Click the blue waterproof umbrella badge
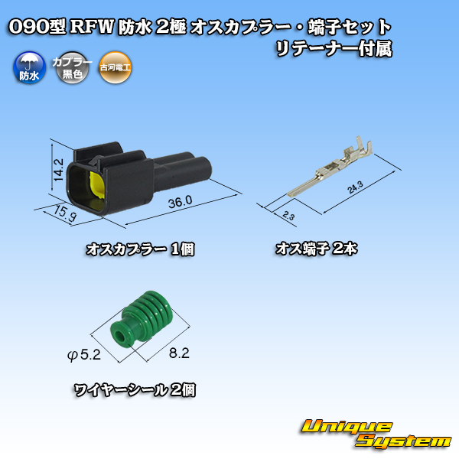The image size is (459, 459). (x=29, y=67)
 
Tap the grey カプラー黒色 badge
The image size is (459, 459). (x=72, y=67)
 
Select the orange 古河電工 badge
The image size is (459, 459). (x=115, y=67)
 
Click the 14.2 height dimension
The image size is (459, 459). (x=59, y=170)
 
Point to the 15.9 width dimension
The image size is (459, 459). (x=65, y=213)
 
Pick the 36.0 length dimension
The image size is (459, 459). (x=180, y=202)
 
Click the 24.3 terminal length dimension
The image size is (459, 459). (x=355, y=187)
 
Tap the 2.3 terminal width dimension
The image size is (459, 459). (x=288, y=216)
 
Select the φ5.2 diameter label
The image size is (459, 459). (x=84, y=355)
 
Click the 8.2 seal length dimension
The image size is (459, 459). (x=179, y=353)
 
